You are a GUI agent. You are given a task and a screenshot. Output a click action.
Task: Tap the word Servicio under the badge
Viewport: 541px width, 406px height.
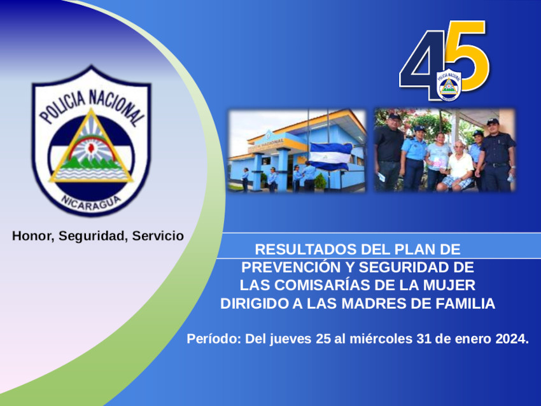[158, 236]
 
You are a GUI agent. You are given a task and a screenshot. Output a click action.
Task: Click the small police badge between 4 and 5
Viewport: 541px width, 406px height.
[449, 85]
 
